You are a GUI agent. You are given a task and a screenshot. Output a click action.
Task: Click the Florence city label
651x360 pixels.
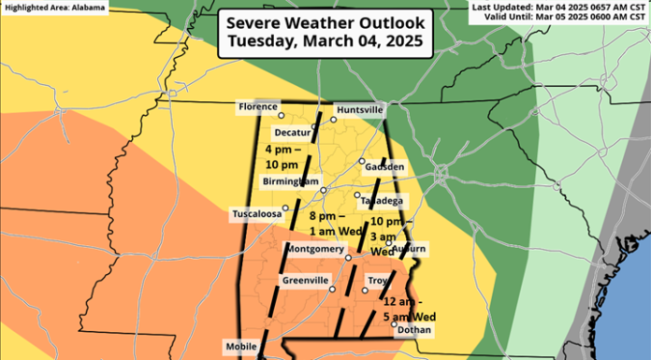(x=258, y=108)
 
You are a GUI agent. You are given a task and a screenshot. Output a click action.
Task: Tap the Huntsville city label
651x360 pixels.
(x=359, y=109)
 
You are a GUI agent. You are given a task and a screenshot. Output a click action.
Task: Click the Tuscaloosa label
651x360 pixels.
(x=256, y=214)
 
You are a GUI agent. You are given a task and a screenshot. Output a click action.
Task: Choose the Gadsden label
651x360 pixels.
(x=385, y=166)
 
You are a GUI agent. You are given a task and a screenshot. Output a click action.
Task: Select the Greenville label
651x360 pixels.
(x=305, y=281)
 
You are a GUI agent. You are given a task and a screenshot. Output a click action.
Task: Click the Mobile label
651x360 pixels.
(x=240, y=347)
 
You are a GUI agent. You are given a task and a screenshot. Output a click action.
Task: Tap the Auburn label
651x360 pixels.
(x=409, y=248)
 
